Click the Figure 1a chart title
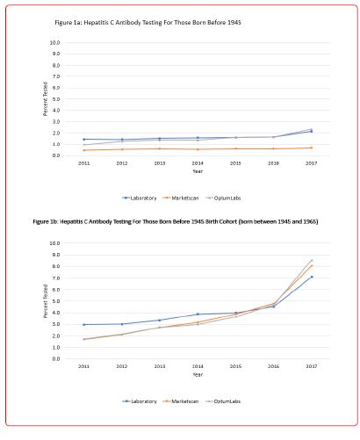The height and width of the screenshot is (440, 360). click(148, 23)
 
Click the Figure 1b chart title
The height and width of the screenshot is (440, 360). click(176, 221)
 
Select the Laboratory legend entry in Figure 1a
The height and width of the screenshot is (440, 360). click(140, 198)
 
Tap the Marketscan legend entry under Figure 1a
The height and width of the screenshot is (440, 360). click(181, 198)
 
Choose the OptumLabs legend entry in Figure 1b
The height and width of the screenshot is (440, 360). click(223, 401)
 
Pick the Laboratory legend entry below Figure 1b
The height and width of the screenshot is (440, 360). click(140, 401)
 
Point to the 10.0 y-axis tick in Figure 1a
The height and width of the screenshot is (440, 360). click(54, 42)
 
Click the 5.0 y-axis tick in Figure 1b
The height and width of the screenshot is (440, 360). click(56, 301)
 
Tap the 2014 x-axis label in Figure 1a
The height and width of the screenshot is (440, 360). click(198, 163)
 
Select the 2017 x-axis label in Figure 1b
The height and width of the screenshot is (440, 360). click(312, 366)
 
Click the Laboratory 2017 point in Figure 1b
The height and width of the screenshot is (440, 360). click(312, 277)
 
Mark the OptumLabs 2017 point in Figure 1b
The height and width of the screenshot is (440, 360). click(312, 260)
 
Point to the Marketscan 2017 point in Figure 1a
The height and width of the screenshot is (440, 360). click(312, 148)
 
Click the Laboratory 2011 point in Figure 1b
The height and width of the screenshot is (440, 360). click(84, 325)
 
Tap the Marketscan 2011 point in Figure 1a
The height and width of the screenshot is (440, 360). click(84, 150)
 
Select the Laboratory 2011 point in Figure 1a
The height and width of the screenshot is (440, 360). click(84, 140)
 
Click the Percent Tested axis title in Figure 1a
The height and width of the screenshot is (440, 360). click(46, 99)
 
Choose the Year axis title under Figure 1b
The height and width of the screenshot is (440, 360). click(198, 374)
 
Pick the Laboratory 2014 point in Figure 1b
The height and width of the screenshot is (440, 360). click(198, 314)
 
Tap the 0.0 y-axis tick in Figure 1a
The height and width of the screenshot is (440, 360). click(56, 155)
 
